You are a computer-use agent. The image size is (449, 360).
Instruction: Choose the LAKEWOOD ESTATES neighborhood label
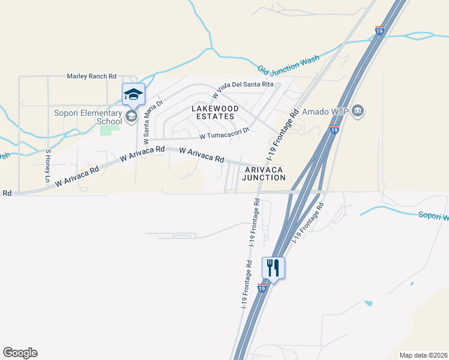coord(215,112)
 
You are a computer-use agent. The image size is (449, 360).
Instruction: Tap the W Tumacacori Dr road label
coord(224,134)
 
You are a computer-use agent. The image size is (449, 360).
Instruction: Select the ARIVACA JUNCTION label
coord(264,173)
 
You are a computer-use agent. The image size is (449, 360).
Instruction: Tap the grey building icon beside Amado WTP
coord(358,111)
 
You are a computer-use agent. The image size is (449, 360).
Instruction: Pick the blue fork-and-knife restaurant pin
coord(273,268)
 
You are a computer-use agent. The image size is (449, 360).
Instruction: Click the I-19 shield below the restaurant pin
coord(262,288)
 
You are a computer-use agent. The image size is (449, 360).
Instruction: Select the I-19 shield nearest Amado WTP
coord(334,128)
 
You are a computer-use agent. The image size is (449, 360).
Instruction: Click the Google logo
coord(20,353)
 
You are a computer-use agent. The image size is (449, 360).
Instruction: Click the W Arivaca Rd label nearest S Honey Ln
coord(76,176)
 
